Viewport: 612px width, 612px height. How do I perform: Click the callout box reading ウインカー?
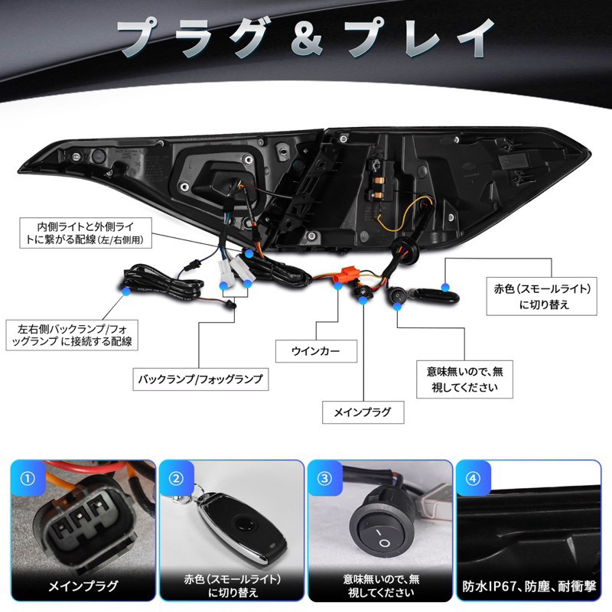[316, 351]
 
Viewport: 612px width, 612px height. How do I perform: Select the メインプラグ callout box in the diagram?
[363, 412]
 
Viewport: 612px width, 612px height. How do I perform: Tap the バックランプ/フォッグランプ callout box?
[200, 379]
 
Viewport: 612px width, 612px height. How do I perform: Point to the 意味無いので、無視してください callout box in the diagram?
[464, 379]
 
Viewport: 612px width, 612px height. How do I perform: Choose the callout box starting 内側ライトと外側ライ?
[86, 233]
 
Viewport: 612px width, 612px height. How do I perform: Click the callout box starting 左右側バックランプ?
[72, 335]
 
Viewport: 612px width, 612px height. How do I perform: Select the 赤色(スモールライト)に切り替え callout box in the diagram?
[542, 296]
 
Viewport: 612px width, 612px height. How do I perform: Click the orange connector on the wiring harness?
[347, 276]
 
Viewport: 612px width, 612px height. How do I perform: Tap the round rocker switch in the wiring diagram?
[397, 297]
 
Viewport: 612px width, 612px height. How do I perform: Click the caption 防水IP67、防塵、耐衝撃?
[529, 586]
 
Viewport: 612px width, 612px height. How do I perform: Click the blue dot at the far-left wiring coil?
[125, 291]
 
